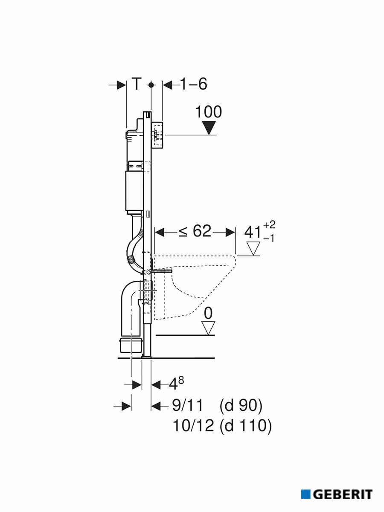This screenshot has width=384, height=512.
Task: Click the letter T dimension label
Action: [x=137, y=84]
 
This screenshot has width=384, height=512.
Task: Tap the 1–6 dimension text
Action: [x=194, y=84]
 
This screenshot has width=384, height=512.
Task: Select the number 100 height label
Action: [x=209, y=112]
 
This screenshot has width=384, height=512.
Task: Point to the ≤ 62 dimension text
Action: [x=195, y=231]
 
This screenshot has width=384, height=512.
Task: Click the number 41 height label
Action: [x=253, y=233]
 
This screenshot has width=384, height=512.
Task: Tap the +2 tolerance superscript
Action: [x=269, y=224]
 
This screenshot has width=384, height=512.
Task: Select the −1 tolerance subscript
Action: [x=269, y=239]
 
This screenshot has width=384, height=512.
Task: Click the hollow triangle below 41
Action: [x=253, y=248]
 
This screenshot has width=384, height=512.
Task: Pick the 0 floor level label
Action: [x=208, y=313]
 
